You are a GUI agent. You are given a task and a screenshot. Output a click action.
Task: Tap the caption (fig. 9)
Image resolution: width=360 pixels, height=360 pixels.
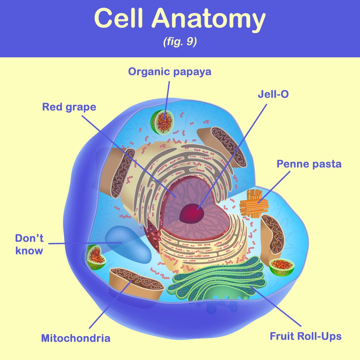pyautogui.click(x=180, y=43)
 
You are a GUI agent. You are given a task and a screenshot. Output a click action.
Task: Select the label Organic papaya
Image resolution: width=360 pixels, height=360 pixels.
pyautogui.click(x=170, y=72)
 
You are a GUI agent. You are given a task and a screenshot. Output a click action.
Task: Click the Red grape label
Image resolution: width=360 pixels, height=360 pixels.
pyautogui.click(x=69, y=107)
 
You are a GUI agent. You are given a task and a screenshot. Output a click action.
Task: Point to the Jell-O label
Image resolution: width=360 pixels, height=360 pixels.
pyautogui.click(x=273, y=94)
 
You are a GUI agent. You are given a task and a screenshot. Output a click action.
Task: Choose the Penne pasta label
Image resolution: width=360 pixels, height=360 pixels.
pyautogui.click(x=309, y=164)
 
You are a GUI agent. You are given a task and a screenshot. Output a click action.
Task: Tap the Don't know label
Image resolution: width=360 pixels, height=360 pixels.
pyautogui.click(x=29, y=244)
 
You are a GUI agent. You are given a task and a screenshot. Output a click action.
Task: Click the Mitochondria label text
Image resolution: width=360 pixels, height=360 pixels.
pyautogui.click(x=76, y=338)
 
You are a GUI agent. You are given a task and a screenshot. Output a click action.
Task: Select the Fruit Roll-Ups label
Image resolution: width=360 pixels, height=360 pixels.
pyautogui.click(x=305, y=336)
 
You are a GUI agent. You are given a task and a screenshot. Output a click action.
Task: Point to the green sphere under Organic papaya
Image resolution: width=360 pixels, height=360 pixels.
pyautogui.click(x=162, y=122)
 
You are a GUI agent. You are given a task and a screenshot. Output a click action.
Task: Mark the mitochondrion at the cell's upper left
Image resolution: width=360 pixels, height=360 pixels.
pyautogui.click(x=121, y=173)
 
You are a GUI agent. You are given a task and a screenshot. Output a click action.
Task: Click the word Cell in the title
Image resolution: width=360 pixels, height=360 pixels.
pyautogui.click(x=118, y=19)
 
